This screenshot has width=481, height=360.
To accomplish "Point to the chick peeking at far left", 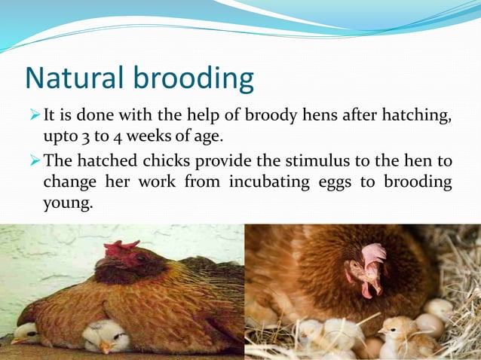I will [25, 332].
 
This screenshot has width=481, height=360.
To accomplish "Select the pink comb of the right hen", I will [373, 256].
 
